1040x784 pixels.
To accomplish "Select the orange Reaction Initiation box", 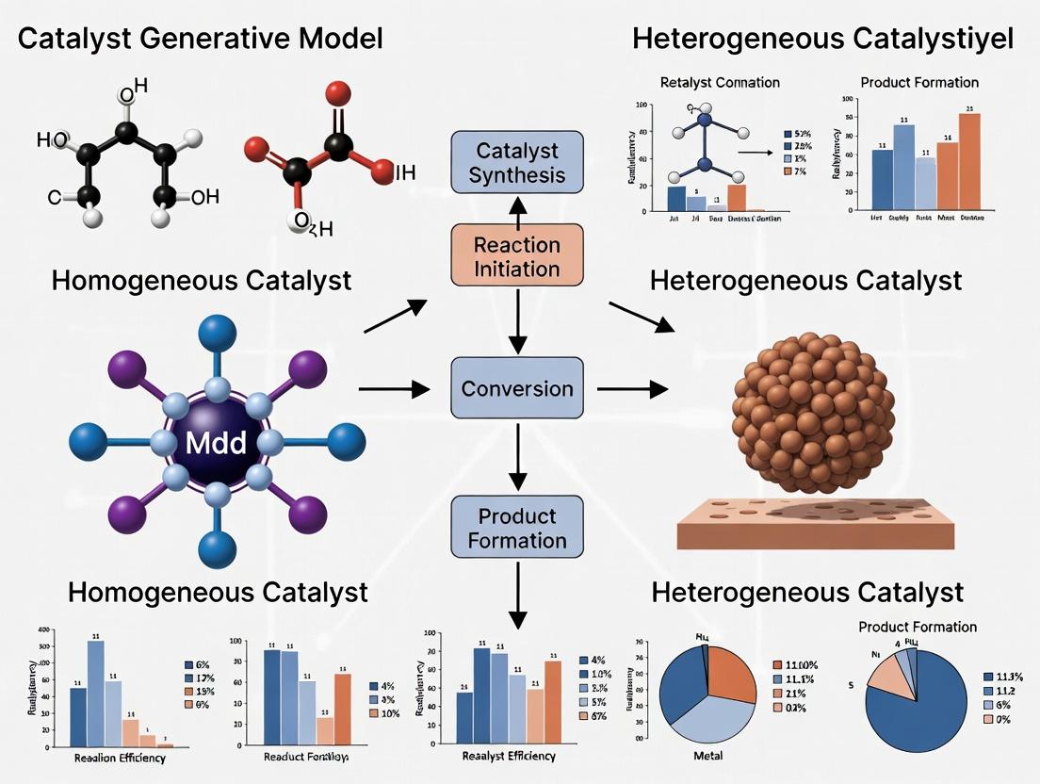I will pos(516,256).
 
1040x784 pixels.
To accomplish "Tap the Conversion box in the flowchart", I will pos(517,388).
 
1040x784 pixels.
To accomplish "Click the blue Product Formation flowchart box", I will pos(517,528).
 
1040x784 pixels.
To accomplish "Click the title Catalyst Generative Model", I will pos(201,39).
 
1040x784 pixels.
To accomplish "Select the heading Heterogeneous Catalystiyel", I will pos(823,39).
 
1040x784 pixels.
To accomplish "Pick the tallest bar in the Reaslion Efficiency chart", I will pos(95,693).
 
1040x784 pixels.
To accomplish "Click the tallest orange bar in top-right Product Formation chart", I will pos(969,158).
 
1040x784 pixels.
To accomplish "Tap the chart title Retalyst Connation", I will pos(721,82).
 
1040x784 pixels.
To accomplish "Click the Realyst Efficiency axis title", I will pos(509,756).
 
